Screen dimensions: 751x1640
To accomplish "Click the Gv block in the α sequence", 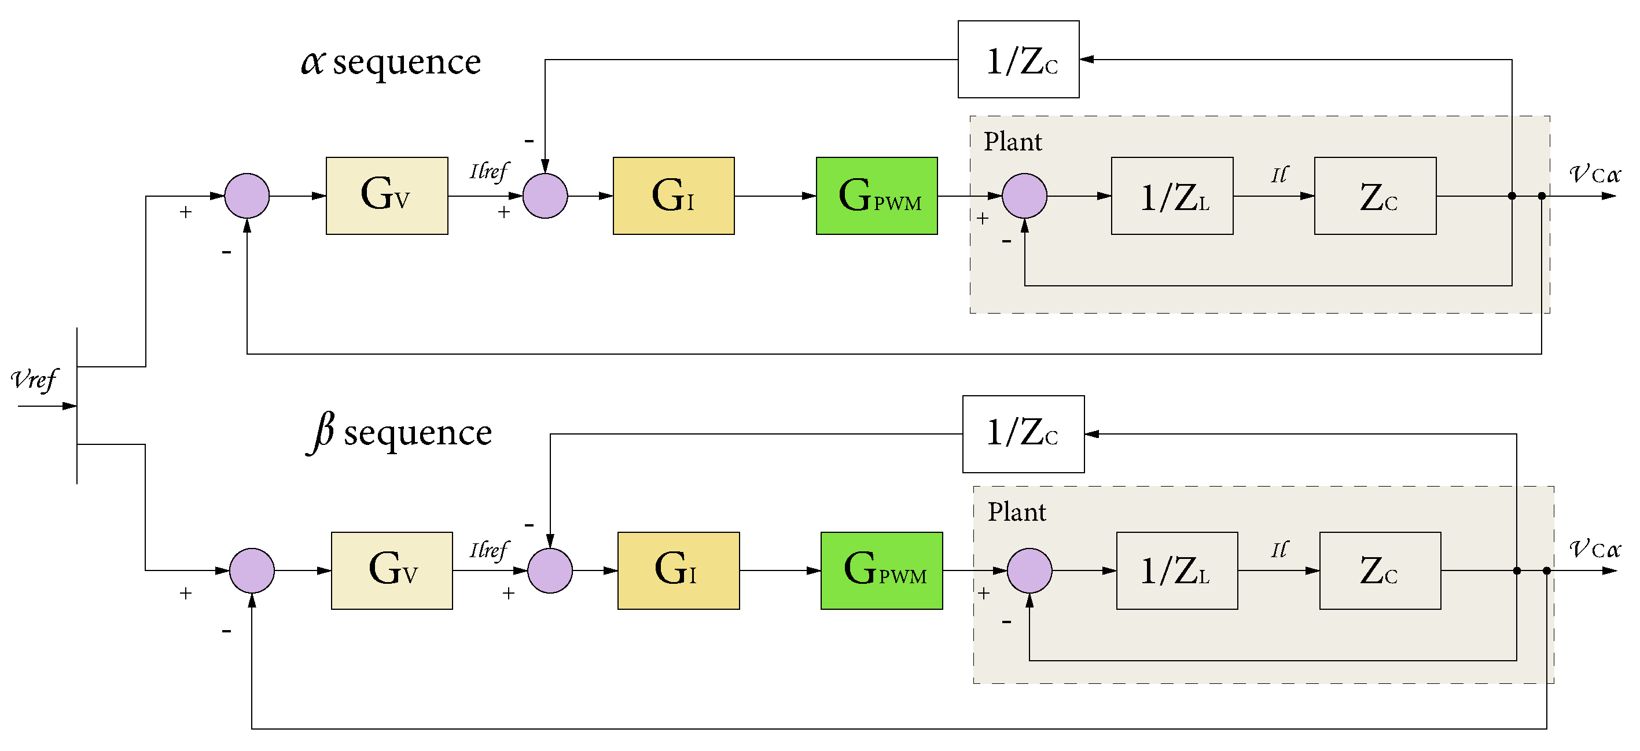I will (x=387, y=196).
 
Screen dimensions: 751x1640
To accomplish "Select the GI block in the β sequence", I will (x=678, y=570).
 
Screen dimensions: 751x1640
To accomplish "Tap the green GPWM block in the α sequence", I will (x=876, y=196).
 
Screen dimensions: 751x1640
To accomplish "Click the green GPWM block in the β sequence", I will (x=881, y=570).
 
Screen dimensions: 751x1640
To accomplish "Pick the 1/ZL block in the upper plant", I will (x=1171, y=196).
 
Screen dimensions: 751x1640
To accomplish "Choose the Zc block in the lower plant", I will (x=1380, y=570).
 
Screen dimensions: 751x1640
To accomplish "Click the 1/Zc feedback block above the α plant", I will (x=1018, y=59).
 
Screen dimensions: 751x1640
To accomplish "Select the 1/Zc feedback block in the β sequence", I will (x=1023, y=434).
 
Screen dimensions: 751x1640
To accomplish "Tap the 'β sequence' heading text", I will (x=399, y=433).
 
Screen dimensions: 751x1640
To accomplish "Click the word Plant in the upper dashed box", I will (x=1012, y=141).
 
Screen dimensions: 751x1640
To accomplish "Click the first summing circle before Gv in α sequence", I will (x=247, y=196).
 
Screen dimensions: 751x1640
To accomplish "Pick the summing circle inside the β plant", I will (x=1029, y=570).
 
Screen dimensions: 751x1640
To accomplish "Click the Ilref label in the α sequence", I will (x=488, y=171).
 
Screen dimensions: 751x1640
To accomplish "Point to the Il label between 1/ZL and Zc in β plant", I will (x=1279, y=549).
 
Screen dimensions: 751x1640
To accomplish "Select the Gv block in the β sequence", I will (x=392, y=570).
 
